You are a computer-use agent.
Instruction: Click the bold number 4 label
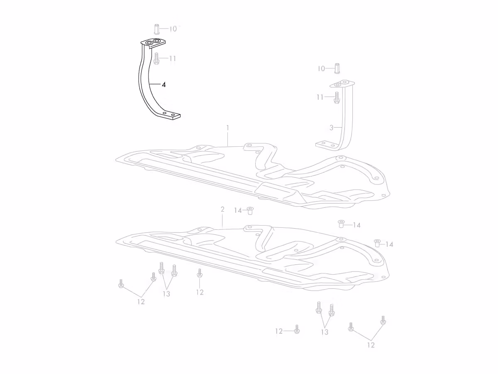[164, 85]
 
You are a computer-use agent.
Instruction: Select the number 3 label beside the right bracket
[331, 128]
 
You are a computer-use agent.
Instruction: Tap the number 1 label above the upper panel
[227, 128]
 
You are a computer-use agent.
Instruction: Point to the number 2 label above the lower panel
[222, 209]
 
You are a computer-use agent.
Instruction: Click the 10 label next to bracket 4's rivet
[173, 29]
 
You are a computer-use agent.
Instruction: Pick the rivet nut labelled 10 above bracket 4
[156, 29]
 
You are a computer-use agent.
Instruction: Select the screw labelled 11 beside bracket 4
[156, 58]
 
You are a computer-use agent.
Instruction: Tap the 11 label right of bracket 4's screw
[173, 59]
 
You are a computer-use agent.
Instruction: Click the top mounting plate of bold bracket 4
[153, 43]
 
